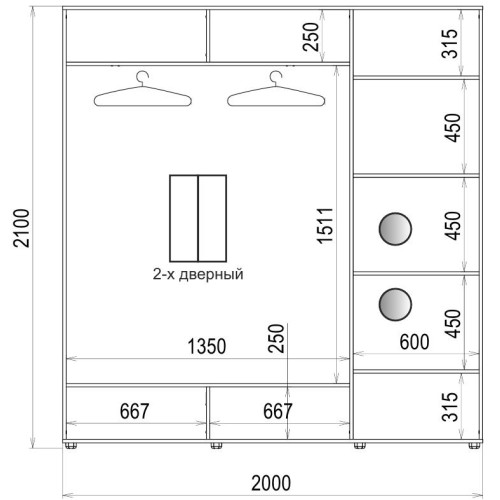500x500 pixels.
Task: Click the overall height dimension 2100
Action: tap(21, 228)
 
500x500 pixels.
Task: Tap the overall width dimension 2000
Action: tap(271, 483)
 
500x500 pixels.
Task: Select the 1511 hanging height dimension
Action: tap(325, 226)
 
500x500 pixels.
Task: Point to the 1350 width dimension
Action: tap(207, 346)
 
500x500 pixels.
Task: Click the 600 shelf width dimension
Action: tap(414, 342)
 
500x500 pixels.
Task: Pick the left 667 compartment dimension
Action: tap(134, 411)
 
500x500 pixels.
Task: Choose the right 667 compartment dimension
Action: tap(278, 411)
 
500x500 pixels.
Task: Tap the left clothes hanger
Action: tap(143, 89)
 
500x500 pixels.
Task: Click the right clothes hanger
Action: tap(276, 89)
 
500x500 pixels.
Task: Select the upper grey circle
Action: tap(395, 229)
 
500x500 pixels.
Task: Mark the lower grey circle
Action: tap(395, 304)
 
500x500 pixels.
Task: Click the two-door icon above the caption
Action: tap(198, 218)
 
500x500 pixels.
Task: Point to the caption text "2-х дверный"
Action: tap(198, 274)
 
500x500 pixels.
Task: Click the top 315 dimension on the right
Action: tap(450, 44)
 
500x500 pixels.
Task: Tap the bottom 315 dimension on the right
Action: tap(450, 407)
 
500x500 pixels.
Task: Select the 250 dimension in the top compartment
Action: tap(311, 37)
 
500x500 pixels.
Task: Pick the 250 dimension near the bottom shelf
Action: tap(276, 338)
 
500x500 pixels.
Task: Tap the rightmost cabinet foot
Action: tap(475, 445)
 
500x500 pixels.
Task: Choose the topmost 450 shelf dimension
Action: tap(452, 128)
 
